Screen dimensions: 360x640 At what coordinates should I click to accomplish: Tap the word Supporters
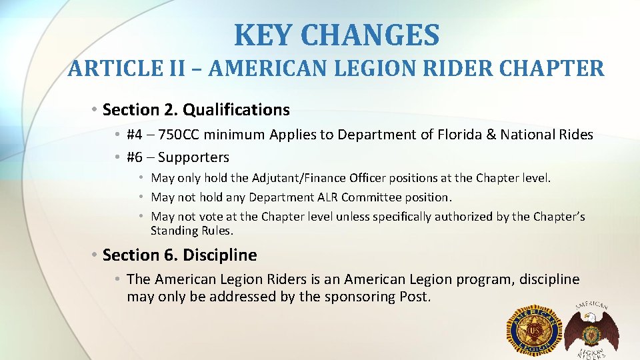[193, 157]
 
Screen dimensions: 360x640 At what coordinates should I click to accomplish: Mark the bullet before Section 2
[96, 109]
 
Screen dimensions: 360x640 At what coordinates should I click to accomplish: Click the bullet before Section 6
[96, 255]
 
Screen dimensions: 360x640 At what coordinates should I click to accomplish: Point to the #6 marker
[135, 157]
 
